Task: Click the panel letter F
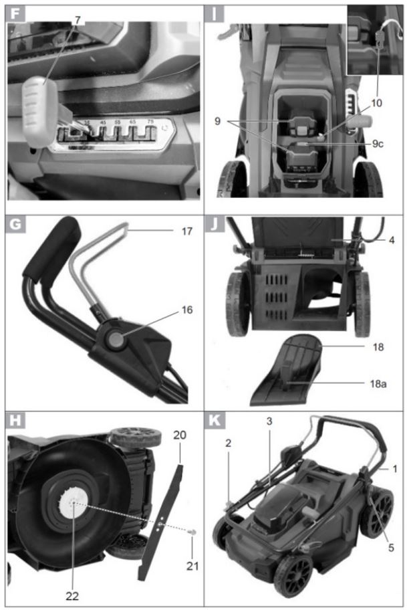15,13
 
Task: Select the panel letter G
15,225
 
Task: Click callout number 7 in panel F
78,19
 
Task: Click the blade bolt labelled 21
191,532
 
